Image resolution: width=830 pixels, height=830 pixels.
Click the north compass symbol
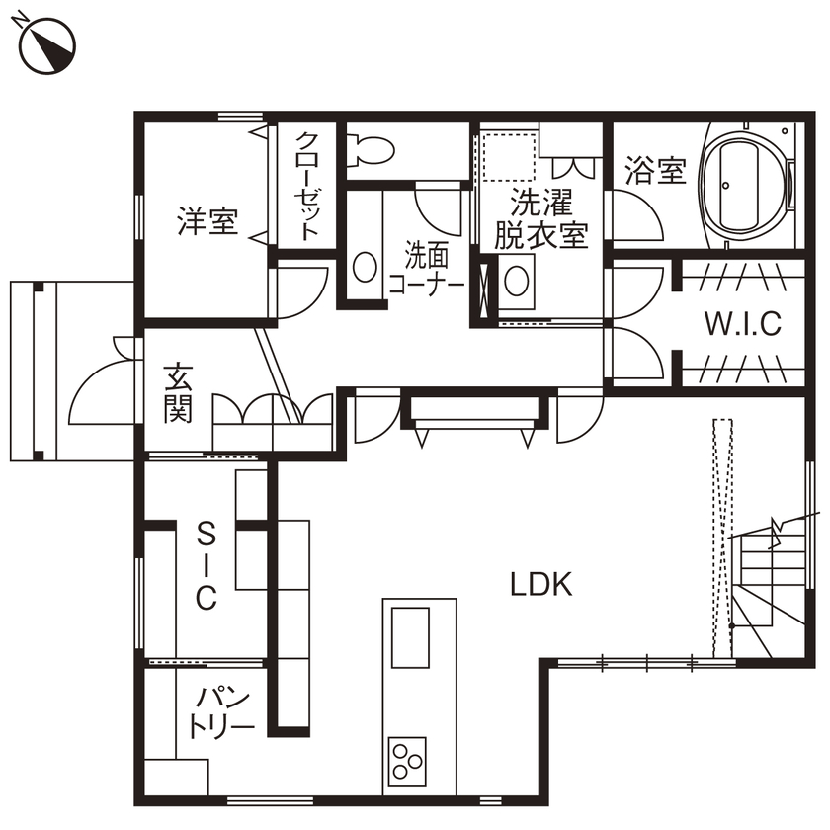pos(46,44)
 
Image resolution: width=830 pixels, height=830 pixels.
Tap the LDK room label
pos(540,584)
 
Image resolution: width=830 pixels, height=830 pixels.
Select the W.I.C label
pos(742,323)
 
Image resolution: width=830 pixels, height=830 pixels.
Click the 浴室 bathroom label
pos(655,171)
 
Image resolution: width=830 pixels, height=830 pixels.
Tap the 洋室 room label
pos(207,221)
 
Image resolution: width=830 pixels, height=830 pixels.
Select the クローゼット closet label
pos(308,187)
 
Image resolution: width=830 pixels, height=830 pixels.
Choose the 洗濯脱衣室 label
pos(540,219)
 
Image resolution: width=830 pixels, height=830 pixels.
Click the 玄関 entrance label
pos(178,392)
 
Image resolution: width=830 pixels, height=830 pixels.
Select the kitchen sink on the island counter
pos(410,637)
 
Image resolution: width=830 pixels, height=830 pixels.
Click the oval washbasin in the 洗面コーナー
pos(365,268)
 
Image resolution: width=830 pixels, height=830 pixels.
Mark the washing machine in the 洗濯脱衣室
pos(517,280)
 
